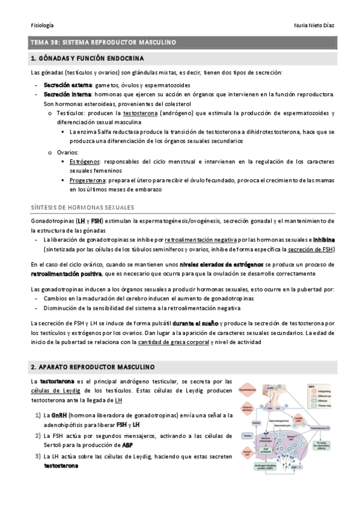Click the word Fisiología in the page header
(42, 25)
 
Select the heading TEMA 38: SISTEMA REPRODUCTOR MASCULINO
(103, 43)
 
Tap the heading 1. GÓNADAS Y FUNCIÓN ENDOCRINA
(87, 58)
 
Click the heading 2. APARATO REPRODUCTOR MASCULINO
(93, 366)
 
